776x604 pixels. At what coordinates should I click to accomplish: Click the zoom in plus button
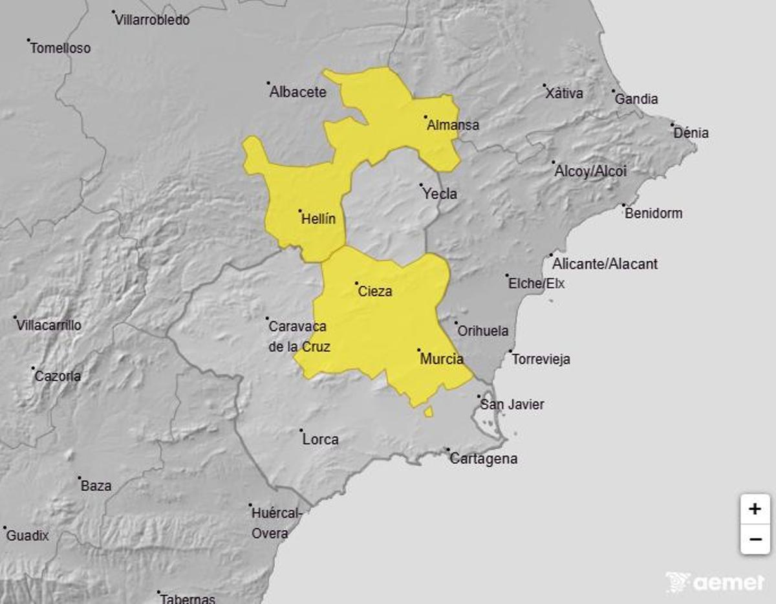click(x=755, y=509)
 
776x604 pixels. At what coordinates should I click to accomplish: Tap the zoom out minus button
click(x=755, y=539)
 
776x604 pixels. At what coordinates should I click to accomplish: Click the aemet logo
click(x=715, y=582)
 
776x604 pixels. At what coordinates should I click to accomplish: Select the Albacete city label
click(x=297, y=92)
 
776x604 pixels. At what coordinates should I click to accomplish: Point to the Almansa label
click(x=453, y=125)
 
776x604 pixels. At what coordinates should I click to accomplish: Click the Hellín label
click(x=318, y=219)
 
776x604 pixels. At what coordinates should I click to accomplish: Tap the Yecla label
click(x=439, y=193)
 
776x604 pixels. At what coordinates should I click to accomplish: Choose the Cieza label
click(x=374, y=291)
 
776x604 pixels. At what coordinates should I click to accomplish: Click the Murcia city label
click(x=441, y=358)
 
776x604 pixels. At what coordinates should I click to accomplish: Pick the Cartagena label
click(x=483, y=458)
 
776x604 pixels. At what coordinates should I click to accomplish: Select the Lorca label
click(x=320, y=439)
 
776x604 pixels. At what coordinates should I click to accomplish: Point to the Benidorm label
click(x=653, y=213)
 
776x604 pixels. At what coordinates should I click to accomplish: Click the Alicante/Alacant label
click(x=605, y=264)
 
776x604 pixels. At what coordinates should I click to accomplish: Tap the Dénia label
click(x=691, y=133)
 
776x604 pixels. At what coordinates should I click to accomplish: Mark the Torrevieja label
click(x=541, y=359)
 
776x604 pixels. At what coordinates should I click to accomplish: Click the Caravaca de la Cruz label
click(x=299, y=337)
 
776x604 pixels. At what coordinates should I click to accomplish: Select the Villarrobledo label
click(x=152, y=20)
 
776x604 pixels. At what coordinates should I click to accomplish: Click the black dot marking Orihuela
click(x=456, y=323)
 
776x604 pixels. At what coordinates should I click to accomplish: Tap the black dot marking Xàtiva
click(x=544, y=85)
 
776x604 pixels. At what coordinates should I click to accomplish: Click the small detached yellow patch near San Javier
click(x=428, y=412)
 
